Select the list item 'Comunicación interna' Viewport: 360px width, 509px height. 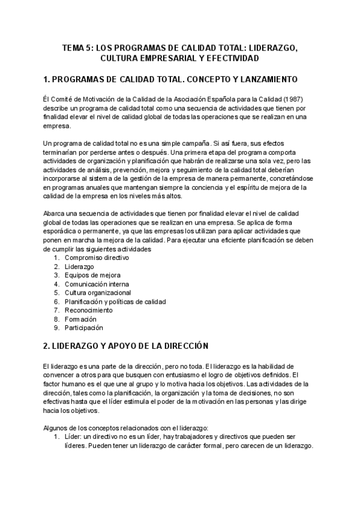97,284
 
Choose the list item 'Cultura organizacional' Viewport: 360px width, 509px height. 98,292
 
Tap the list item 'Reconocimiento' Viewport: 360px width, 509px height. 88,310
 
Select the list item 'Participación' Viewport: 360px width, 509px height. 84,328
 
